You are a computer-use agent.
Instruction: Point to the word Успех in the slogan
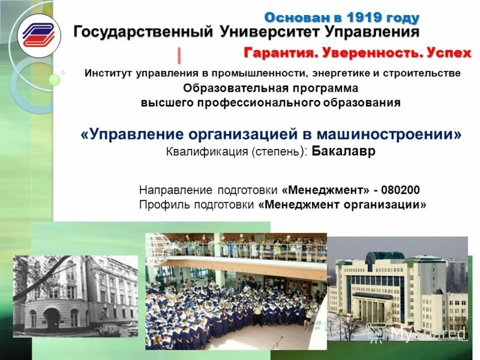(449, 53)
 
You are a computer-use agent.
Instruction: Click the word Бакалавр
(344, 151)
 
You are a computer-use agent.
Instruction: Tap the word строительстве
(427, 73)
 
